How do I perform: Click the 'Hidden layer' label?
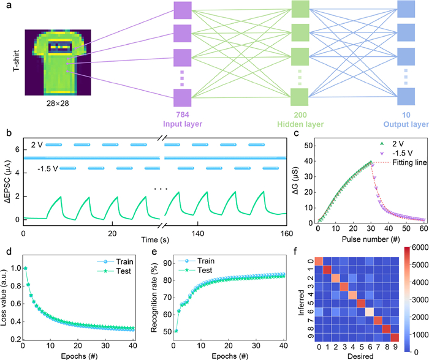click(300, 125)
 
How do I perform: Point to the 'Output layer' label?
click(404, 125)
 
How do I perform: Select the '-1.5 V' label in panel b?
click(48, 168)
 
